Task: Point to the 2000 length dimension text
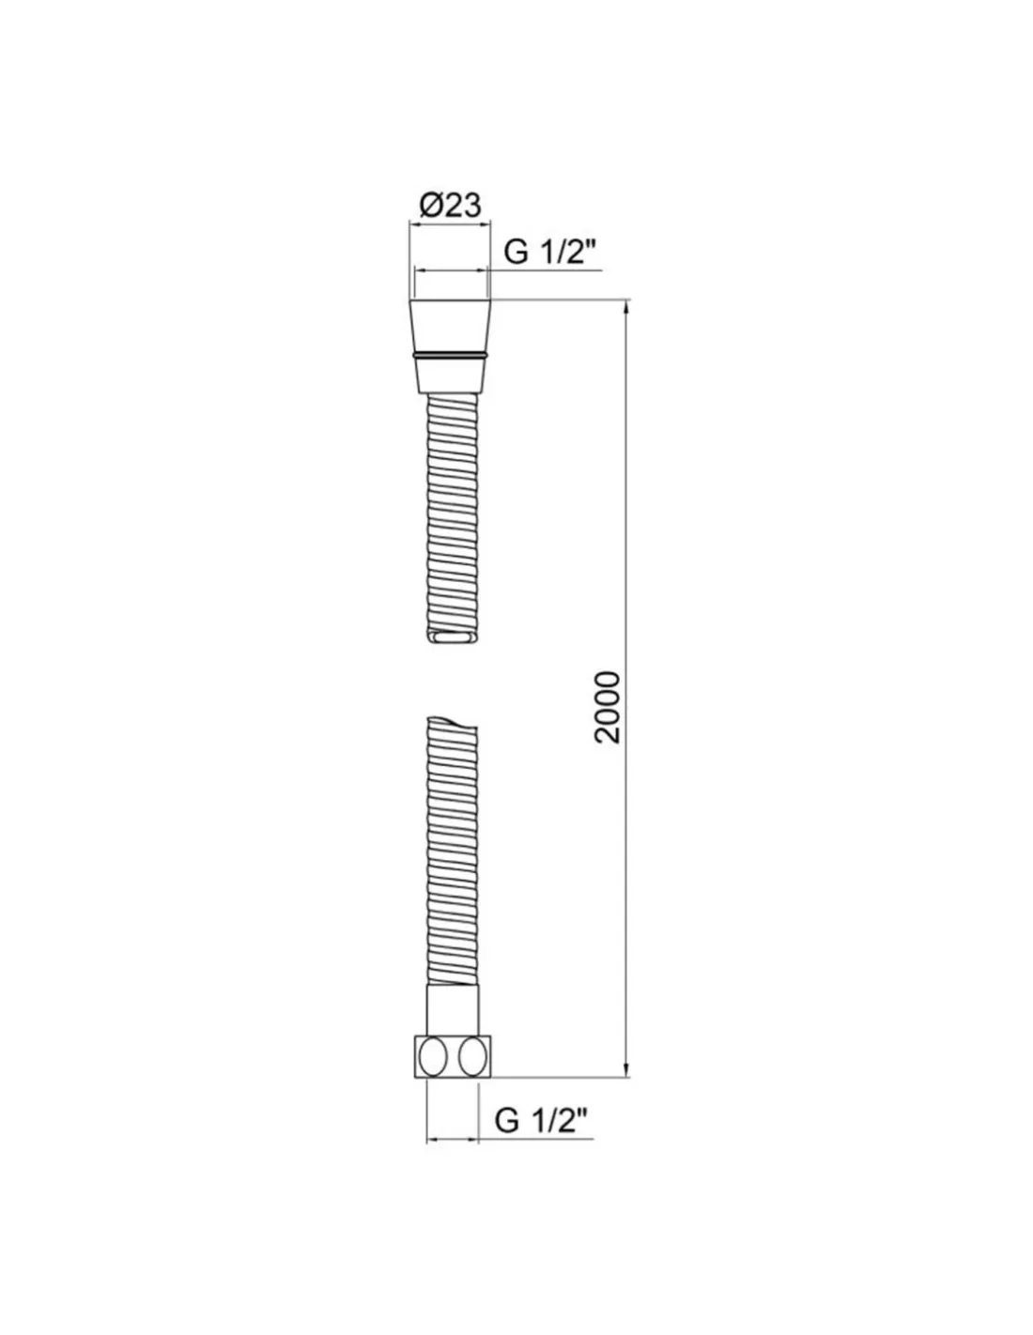tap(608, 707)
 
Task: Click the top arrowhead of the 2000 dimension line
tap(626, 307)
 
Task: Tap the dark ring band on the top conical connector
tap(450, 355)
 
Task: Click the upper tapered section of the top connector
tap(450, 326)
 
